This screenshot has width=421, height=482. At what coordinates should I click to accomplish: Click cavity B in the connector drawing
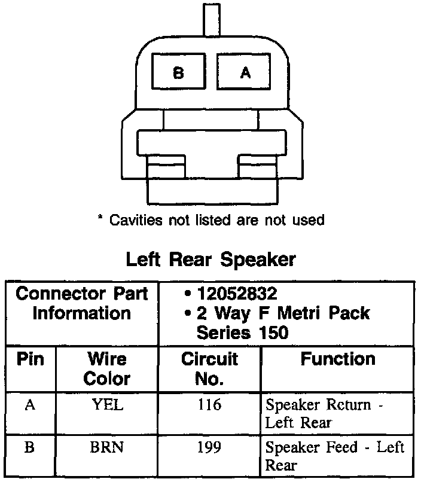pyautogui.click(x=178, y=73)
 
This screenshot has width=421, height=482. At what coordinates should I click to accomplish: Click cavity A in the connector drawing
pyautogui.click(x=245, y=73)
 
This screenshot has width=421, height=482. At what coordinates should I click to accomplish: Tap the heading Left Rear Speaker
pyautogui.click(x=210, y=260)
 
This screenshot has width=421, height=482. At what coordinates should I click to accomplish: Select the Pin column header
pyautogui.click(x=30, y=359)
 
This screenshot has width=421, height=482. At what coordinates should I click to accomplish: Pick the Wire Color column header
pyautogui.click(x=107, y=368)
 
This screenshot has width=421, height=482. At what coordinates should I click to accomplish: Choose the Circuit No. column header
pyautogui.click(x=209, y=368)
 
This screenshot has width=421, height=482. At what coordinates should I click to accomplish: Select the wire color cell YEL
pyautogui.click(x=108, y=405)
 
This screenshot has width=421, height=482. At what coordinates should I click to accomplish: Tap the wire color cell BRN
pyautogui.click(x=108, y=447)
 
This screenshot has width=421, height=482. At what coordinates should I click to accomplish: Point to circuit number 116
pyautogui.click(x=209, y=405)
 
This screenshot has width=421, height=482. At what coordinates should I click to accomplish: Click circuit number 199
pyautogui.click(x=209, y=447)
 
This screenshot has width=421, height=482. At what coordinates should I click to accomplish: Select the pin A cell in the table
pyautogui.click(x=30, y=405)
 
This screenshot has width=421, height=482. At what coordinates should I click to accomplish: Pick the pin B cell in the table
pyautogui.click(x=30, y=447)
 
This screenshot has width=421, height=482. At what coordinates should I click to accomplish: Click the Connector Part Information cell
pyautogui.click(x=81, y=303)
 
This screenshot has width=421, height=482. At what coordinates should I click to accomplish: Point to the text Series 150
pyautogui.click(x=242, y=332)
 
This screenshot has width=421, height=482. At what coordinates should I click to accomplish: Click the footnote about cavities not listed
pyautogui.click(x=210, y=220)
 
